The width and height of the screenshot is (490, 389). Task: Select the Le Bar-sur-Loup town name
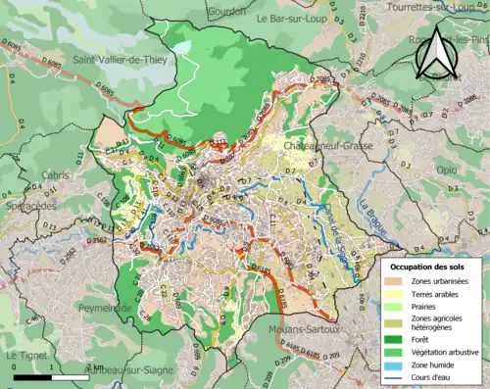297,18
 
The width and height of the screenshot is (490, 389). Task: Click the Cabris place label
54,175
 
